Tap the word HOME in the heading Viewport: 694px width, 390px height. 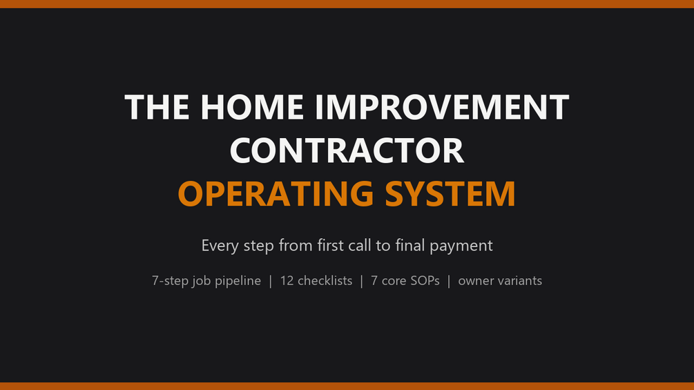[x=252, y=107]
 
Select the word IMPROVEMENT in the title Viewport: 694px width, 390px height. [x=442, y=107]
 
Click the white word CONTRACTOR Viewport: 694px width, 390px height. [x=347, y=150]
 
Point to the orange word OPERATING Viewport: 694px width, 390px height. [x=276, y=194]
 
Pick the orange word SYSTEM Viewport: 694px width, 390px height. [x=450, y=194]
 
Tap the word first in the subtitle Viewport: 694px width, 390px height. [x=329, y=245]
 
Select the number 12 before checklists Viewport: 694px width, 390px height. [x=287, y=281]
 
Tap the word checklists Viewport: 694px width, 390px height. [x=325, y=280]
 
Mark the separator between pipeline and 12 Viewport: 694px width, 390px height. [x=271, y=281]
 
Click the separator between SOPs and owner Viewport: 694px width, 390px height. [x=449, y=281]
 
